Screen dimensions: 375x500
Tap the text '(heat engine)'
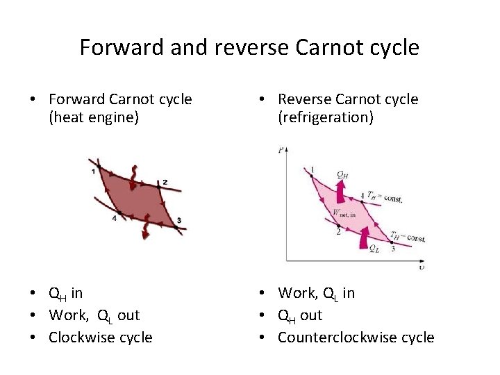click(94, 117)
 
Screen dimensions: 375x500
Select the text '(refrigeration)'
click(326, 117)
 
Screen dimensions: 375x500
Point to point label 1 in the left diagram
click(93, 171)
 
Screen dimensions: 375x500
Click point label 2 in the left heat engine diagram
click(165, 183)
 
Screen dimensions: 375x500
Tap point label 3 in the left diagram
click(178, 221)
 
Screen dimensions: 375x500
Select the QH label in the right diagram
click(342, 174)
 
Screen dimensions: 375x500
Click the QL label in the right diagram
click(374, 248)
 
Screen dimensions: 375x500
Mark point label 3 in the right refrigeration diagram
click(392, 248)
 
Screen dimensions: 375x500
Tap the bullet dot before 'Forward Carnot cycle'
click(33, 100)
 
